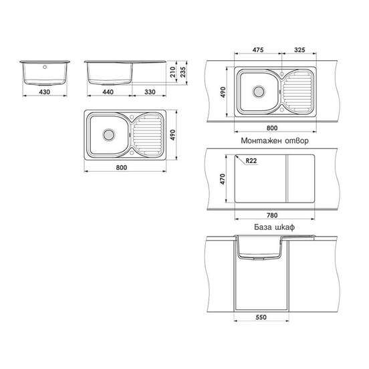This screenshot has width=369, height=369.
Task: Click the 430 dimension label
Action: (45, 92)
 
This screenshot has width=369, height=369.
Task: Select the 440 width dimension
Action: (108, 92)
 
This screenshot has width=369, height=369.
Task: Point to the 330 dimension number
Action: (150, 92)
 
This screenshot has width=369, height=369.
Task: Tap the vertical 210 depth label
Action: (173, 72)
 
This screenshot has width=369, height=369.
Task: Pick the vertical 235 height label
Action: (183, 72)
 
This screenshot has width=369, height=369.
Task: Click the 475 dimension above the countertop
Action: (258, 50)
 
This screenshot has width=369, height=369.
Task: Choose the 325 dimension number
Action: (299, 50)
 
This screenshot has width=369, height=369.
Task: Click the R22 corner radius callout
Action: (251, 160)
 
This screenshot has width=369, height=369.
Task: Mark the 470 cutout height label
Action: (223, 179)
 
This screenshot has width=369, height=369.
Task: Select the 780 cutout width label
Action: (272, 215)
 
